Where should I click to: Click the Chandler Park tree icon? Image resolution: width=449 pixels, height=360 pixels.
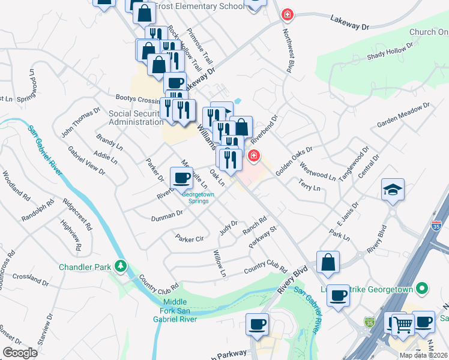coord(121,265)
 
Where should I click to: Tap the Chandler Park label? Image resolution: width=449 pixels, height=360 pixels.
coord(83,266)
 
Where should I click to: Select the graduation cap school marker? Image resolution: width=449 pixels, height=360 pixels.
coord(393,190)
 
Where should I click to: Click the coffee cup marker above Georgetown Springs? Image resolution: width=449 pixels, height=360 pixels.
coord(182,178)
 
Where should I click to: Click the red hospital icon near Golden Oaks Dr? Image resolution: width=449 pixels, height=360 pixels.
coord(254,156)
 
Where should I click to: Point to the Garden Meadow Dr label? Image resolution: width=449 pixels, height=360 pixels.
coord(403,115)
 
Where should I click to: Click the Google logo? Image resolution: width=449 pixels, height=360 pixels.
coord(20,353)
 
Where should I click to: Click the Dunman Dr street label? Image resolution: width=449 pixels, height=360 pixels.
coord(166,215)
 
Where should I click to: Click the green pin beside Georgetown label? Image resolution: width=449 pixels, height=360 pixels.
coord(423,289)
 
